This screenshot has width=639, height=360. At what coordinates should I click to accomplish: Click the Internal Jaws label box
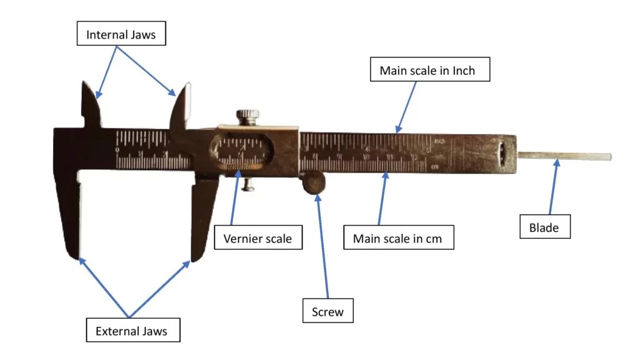120,34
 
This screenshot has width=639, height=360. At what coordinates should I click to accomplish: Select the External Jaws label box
131,331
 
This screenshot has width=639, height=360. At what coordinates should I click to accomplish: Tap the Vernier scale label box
258,239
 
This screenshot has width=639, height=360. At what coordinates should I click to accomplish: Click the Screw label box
328,311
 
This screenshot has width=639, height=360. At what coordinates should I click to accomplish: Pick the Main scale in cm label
399,239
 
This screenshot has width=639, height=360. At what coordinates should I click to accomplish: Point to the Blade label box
544,228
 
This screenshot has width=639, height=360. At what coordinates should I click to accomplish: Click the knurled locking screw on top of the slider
248,117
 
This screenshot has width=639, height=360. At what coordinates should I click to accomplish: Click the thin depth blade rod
565,157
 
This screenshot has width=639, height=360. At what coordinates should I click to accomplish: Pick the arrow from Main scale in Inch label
407,106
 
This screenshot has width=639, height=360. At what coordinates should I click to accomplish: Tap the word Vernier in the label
241,239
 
